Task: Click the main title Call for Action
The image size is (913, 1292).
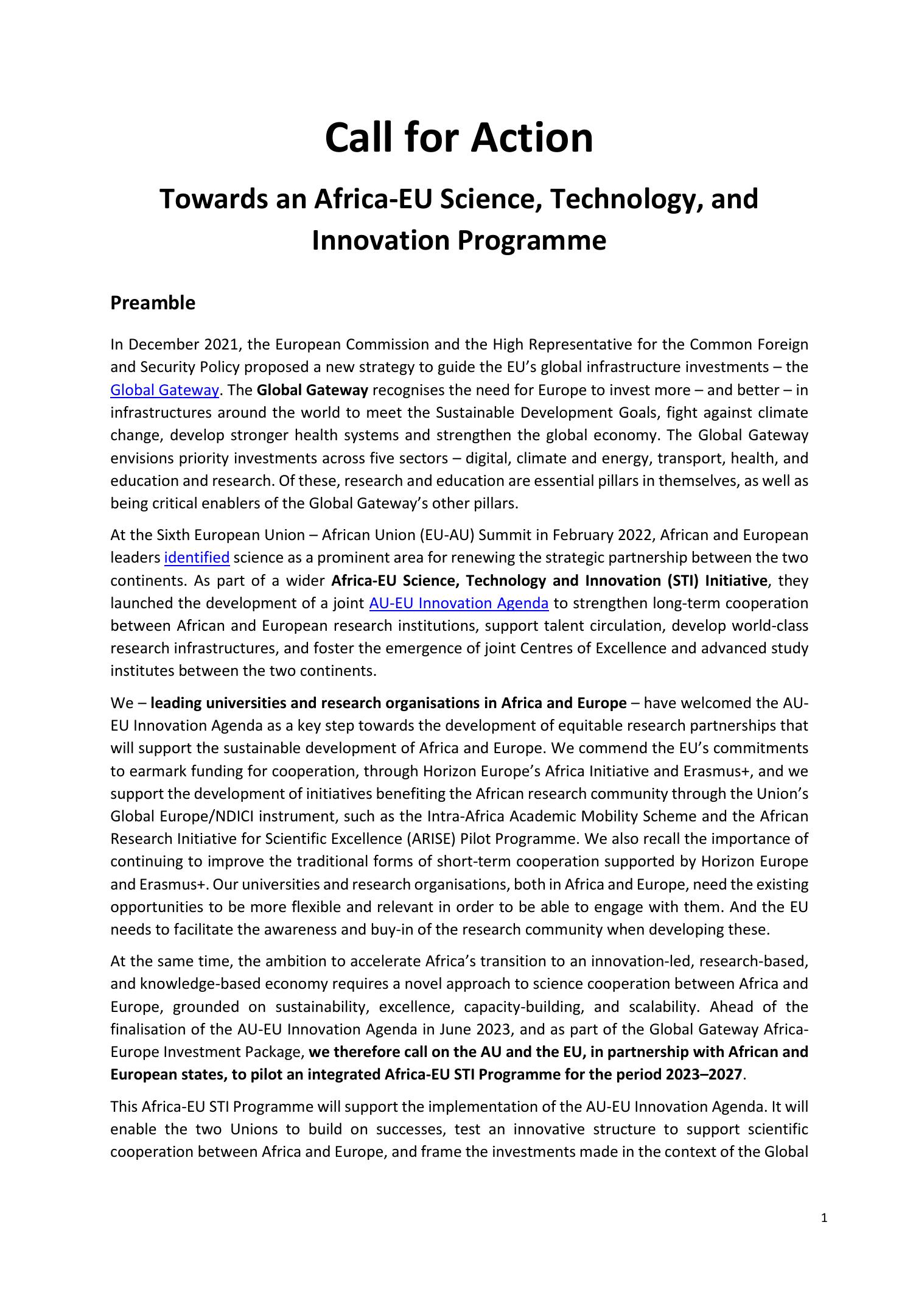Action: tap(459, 138)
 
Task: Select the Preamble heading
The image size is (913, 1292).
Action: tap(153, 303)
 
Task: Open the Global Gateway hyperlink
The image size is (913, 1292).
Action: tap(164, 390)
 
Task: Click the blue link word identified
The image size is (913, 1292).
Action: tap(197, 558)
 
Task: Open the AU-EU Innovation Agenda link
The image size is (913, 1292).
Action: tap(459, 603)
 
